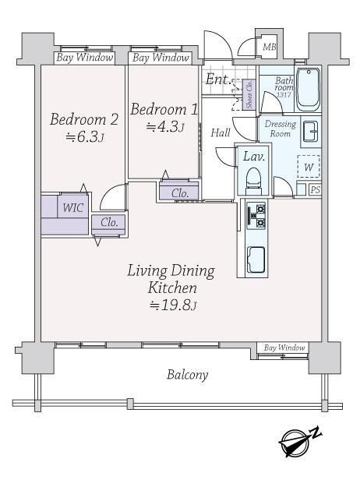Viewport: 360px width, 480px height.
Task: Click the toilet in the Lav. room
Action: pyautogui.click(x=253, y=180)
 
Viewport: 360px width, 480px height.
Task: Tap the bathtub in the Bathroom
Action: pyautogui.click(x=309, y=90)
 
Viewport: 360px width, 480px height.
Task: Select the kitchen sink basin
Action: pyautogui.click(x=256, y=259)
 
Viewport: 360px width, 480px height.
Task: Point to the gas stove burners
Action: pyautogui.click(x=256, y=215)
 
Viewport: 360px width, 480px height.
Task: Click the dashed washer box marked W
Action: pyautogui.click(x=309, y=167)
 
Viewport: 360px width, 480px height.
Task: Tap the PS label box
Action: pyautogui.click(x=315, y=190)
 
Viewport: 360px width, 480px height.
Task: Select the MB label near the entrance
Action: pyautogui.click(x=270, y=47)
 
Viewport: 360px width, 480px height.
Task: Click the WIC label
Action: pyautogui.click(x=73, y=207)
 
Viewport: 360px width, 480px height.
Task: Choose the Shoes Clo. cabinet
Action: pyautogui.click(x=249, y=94)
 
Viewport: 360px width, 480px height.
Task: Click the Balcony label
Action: pyautogui.click(x=187, y=375)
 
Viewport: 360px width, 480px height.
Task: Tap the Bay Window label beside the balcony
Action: pyautogui.click(x=284, y=348)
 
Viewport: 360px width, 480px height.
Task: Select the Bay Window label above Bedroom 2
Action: pyautogui.click(x=85, y=58)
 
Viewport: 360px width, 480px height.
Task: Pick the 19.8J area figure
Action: pyautogui.click(x=173, y=305)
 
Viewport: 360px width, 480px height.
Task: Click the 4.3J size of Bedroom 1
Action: pyautogui.click(x=165, y=127)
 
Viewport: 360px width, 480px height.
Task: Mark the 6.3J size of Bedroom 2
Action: pyautogui.click(x=85, y=137)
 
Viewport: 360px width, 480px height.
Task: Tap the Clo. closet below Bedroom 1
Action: pyautogui.click(x=179, y=192)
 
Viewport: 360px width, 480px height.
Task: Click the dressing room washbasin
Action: pyautogui.click(x=311, y=132)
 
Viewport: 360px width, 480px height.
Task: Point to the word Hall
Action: pyautogui.click(x=221, y=132)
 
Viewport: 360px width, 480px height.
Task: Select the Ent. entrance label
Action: pyautogui.click(x=217, y=79)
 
